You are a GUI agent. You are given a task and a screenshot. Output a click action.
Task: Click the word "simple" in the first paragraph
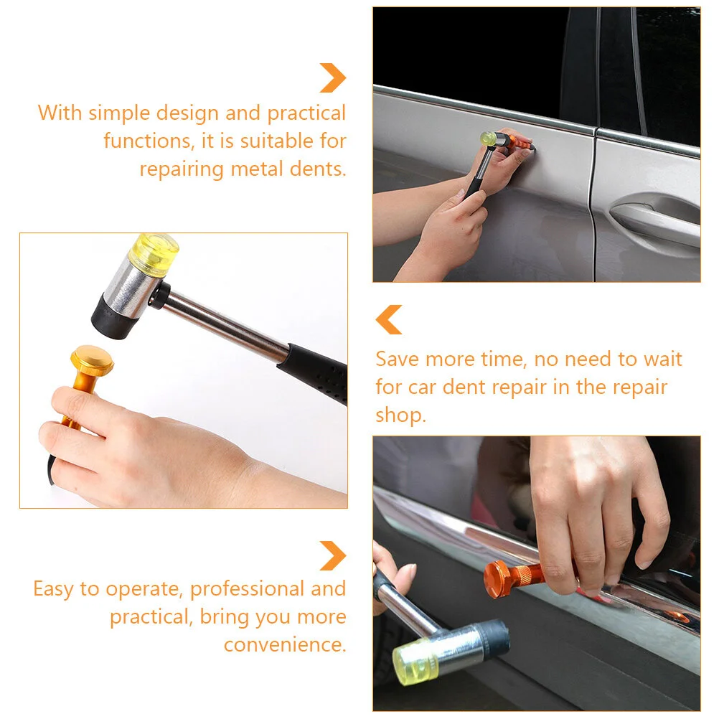tap(119, 113)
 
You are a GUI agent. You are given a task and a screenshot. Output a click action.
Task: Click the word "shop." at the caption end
tap(401, 416)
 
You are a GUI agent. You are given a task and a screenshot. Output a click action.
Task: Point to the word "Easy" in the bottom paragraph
tap(53, 589)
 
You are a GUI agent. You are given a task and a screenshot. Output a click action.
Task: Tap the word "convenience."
tap(285, 644)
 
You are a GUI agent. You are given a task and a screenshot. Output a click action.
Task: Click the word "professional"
tap(247, 589)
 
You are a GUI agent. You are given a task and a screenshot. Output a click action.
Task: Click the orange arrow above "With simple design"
tap(333, 78)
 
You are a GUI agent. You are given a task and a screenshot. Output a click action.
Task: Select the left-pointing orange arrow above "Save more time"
tap(389, 319)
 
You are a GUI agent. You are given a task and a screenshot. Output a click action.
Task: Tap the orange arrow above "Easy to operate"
tap(333, 556)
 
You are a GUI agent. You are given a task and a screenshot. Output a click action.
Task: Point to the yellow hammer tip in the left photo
tap(154, 255)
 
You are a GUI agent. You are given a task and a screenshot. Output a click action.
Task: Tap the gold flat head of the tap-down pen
tap(92, 359)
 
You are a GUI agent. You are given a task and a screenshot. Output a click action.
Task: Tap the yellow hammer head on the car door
tap(488, 138)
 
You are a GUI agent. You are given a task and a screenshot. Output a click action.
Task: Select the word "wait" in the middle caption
tap(663, 359)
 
